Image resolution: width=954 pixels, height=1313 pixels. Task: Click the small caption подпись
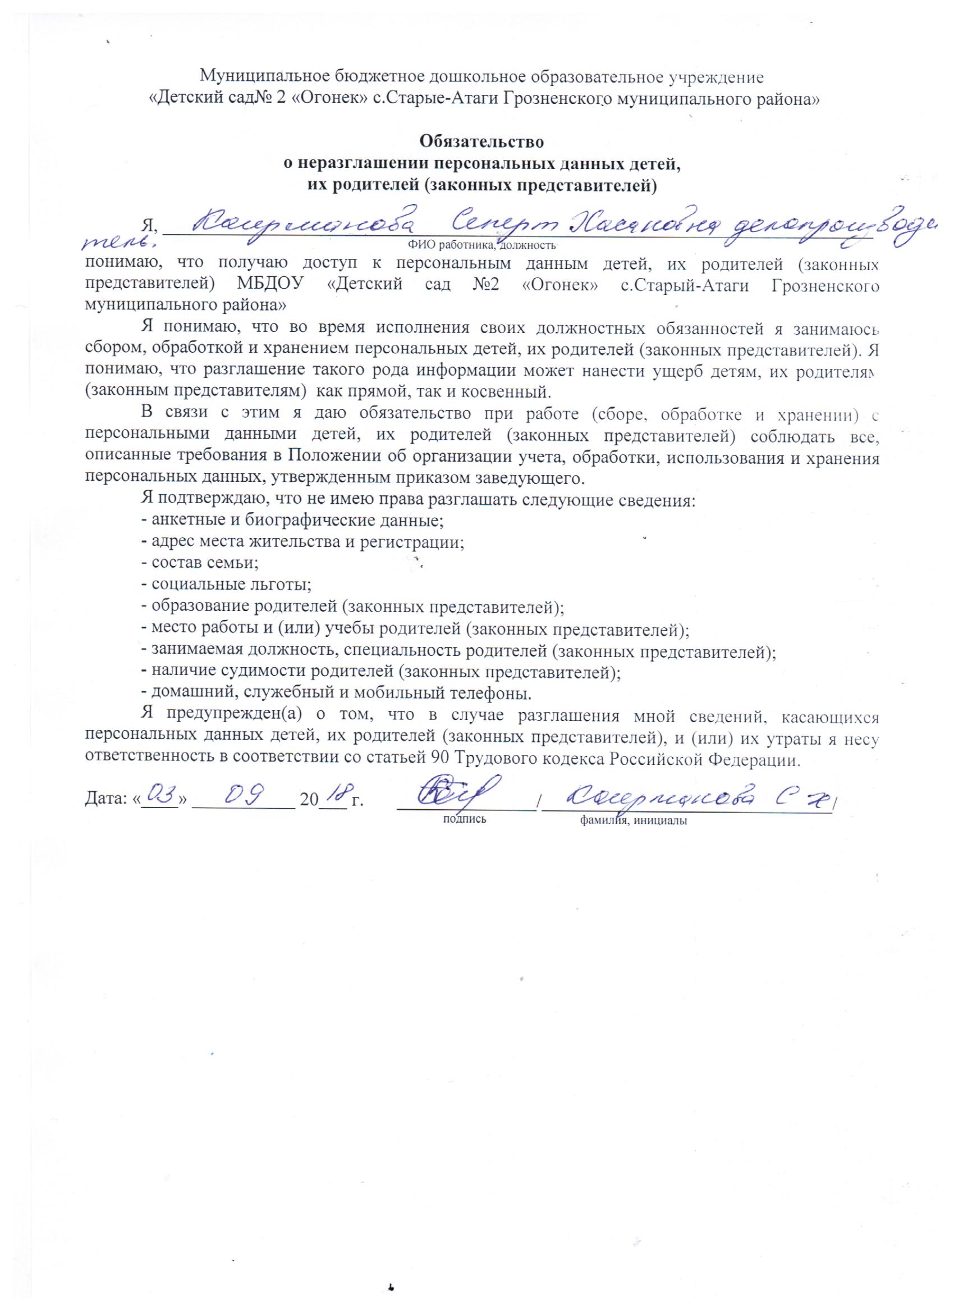point(464,819)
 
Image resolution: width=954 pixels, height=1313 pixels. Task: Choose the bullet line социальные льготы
point(226,585)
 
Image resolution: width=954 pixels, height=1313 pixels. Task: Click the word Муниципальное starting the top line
point(263,76)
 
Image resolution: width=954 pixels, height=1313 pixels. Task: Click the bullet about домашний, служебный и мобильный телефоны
point(336,692)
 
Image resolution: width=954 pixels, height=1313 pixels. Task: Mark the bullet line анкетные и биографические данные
point(292,520)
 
